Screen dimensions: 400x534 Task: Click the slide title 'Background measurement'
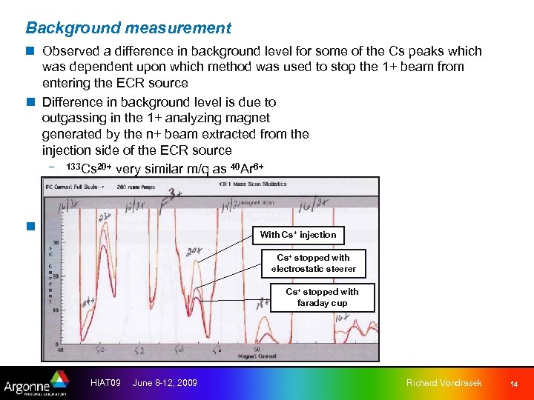[128, 28]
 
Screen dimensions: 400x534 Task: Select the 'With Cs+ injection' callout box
[297, 235]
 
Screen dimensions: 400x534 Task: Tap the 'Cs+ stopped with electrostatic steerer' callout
[313, 263]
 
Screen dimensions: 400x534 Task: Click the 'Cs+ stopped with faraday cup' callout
[322, 297]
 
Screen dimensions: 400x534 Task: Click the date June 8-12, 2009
[165, 382]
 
